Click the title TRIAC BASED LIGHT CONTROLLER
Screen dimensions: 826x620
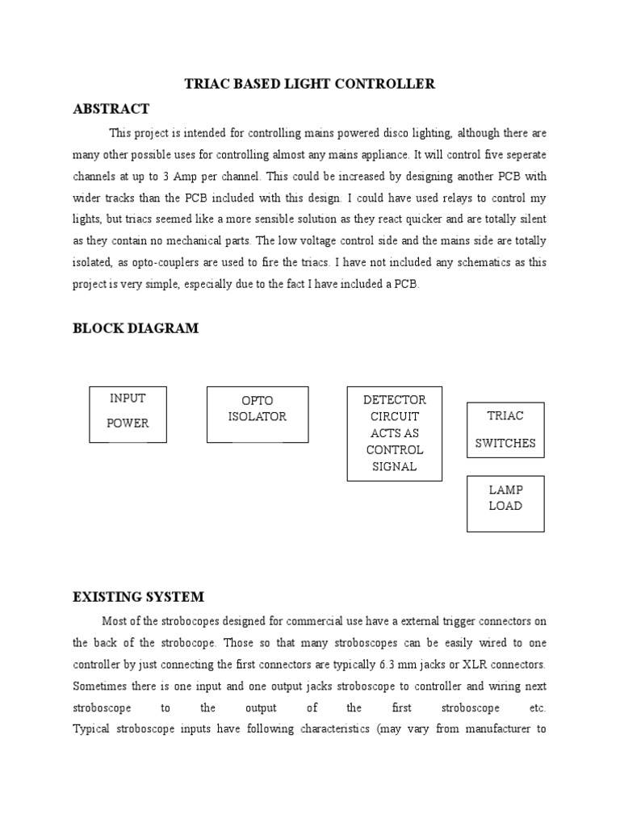click(310, 84)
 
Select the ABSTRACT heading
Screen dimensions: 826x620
click(111, 109)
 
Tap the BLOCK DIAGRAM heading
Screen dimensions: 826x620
click(135, 328)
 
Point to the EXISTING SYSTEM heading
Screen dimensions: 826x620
click(138, 597)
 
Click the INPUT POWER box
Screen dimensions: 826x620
click(128, 414)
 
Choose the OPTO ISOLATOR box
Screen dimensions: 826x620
click(257, 414)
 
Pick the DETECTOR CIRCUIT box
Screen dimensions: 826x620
click(394, 433)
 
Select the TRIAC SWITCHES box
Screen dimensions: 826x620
click(505, 430)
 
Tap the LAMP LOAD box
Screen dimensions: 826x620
click(505, 503)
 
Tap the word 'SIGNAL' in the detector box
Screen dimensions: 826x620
click(394, 466)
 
